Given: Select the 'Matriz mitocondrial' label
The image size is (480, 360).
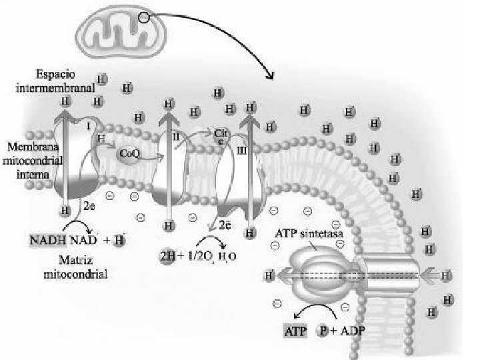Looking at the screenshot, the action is [74, 267].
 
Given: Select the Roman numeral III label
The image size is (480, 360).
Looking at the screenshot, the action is [241, 152].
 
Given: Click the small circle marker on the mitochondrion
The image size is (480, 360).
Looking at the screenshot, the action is [145, 19].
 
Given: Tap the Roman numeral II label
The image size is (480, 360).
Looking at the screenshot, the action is [176, 136].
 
